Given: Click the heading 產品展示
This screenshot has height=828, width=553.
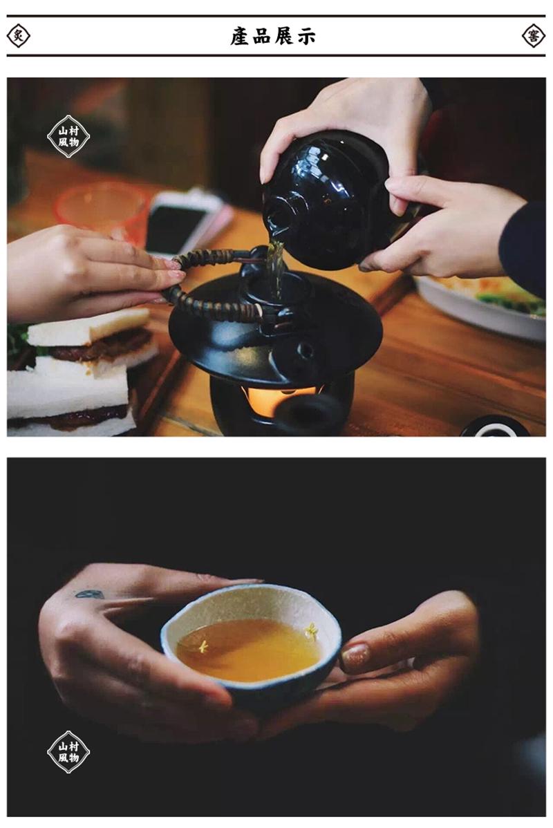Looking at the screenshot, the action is (273, 36).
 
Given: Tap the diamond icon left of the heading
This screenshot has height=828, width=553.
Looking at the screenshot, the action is (18, 36).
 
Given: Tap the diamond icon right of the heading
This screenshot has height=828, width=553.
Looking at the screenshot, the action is (534, 36).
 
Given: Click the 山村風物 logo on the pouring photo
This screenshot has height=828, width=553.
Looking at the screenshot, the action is (68, 136).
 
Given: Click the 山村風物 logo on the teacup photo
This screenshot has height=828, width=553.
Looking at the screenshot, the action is (68, 752).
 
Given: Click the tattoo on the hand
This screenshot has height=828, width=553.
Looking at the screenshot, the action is (90, 594).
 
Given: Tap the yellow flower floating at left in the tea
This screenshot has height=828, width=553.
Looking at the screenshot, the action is (203, 646).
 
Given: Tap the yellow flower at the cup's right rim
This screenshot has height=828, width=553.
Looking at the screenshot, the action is (312, 630).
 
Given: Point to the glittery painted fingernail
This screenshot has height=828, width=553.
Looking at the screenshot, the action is (355, 657).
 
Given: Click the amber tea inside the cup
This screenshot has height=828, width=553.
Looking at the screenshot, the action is (248, 650).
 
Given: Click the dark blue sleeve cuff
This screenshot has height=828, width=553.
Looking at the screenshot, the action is (522, 248).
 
